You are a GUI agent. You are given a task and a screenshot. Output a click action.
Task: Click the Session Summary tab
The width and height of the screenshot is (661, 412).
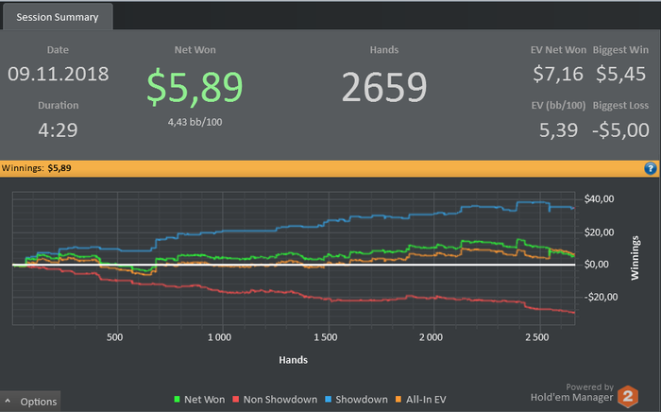(58, 17)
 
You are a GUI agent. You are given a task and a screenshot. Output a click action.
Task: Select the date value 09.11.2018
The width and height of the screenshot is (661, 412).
(59, 74)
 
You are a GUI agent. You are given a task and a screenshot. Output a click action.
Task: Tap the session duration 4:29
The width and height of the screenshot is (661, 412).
(59, 129)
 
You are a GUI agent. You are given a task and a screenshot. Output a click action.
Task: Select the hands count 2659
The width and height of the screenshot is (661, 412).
(383, 87)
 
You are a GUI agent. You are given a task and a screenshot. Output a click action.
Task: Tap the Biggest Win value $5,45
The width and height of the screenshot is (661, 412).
(620, 74)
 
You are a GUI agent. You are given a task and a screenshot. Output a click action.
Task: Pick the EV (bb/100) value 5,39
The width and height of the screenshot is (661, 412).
(559, 129)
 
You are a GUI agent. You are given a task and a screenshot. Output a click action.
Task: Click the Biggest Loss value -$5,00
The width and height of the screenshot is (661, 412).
(620, 129)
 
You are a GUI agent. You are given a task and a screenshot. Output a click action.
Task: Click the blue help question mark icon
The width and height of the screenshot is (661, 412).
(650, 168)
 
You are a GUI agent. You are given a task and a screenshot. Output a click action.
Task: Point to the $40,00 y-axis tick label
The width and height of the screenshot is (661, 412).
(602, 198)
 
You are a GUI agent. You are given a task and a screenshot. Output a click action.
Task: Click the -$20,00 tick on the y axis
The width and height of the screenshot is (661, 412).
(601, 297)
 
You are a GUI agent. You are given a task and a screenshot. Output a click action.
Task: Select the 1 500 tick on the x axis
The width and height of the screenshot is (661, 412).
(325, 337)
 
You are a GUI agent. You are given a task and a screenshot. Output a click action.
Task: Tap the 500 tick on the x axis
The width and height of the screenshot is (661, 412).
(116, 337)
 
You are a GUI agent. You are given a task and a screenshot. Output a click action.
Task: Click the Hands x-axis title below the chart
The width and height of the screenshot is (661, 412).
(293, 359)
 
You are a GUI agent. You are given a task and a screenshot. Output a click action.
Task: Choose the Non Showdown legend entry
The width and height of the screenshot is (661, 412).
(280, 400)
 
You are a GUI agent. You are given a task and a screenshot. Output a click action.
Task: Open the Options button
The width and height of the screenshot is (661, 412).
(32, 402)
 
